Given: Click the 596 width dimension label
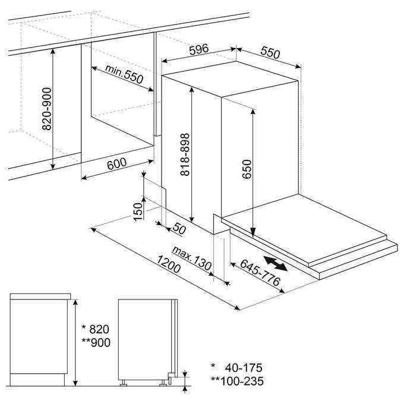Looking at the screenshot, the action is [x=198, y=49].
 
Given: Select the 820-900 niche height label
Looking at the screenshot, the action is [x=46, y=109].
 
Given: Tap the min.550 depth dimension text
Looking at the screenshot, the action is [x=124, y=74].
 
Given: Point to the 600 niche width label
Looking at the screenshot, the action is [x=117, y=163].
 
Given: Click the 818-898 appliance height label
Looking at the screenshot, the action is [x=185, y=154].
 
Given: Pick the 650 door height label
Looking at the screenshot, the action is [x=247, y=169].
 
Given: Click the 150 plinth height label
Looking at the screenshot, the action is [x=138, y=212].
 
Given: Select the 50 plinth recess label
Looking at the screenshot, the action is [x=179, y=228].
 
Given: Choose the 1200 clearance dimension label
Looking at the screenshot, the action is [x=169, y=264].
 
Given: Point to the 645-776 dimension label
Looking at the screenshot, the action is [x=260, y=273].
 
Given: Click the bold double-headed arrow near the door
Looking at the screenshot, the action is [x=276, y=264].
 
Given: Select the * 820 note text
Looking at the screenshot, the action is [x=95, y=329].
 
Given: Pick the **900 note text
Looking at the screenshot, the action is [x=96, y=342].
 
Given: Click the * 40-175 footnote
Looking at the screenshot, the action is [x=236, y=368].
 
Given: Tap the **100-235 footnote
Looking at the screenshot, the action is [x=237, y=381].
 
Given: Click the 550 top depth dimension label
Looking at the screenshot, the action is [x=270, y=52].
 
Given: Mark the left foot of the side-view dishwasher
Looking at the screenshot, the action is [x=123, y=383].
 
